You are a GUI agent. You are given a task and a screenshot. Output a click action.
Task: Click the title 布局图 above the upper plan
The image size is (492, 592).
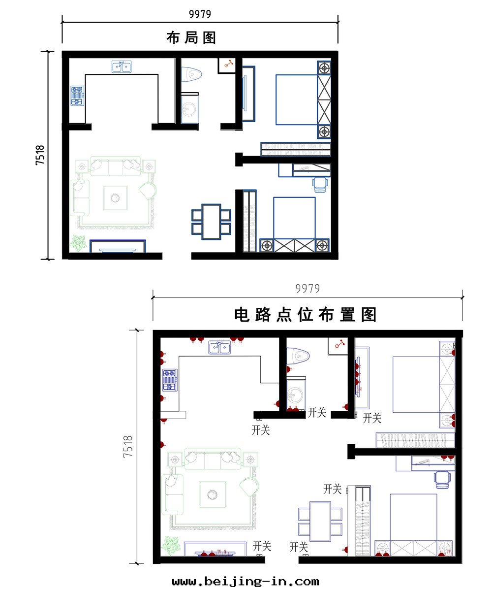pos(191,38)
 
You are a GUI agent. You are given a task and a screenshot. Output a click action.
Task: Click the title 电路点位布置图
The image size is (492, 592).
pos(305,315)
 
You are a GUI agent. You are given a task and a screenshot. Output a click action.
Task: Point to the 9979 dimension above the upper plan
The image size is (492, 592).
pos(200,14)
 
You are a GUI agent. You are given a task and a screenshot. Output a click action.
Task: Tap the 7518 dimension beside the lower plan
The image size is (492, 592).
pos(128,446)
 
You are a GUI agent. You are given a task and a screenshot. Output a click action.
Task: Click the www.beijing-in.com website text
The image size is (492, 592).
pos(246,582)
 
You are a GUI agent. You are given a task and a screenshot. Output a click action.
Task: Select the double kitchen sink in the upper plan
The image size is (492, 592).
pos(122,67)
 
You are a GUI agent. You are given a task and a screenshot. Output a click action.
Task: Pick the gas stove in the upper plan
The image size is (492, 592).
pos(77,96)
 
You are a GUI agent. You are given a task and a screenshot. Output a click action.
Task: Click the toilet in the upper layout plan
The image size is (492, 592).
pos(191,74)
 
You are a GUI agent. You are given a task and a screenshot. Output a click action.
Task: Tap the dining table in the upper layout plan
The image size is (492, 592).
pos(211,222)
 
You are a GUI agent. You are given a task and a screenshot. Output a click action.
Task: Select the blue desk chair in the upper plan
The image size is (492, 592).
pos(320,185)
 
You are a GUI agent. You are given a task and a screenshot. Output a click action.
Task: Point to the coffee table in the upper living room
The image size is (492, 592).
pos(115,197)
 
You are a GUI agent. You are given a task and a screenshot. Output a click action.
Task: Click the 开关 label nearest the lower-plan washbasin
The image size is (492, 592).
pos(317,413)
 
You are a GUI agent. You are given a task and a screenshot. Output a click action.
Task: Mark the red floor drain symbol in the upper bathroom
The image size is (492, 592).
pos(229,64)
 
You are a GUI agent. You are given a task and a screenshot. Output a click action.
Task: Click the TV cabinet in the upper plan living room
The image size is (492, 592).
pos(118,246)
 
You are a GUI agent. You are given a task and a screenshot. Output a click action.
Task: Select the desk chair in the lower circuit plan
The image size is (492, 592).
pos(442,480)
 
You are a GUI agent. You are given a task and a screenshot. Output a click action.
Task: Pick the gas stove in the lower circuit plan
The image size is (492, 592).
pos(169,380)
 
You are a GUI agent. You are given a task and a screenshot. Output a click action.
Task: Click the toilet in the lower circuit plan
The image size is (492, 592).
pos(298,356)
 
